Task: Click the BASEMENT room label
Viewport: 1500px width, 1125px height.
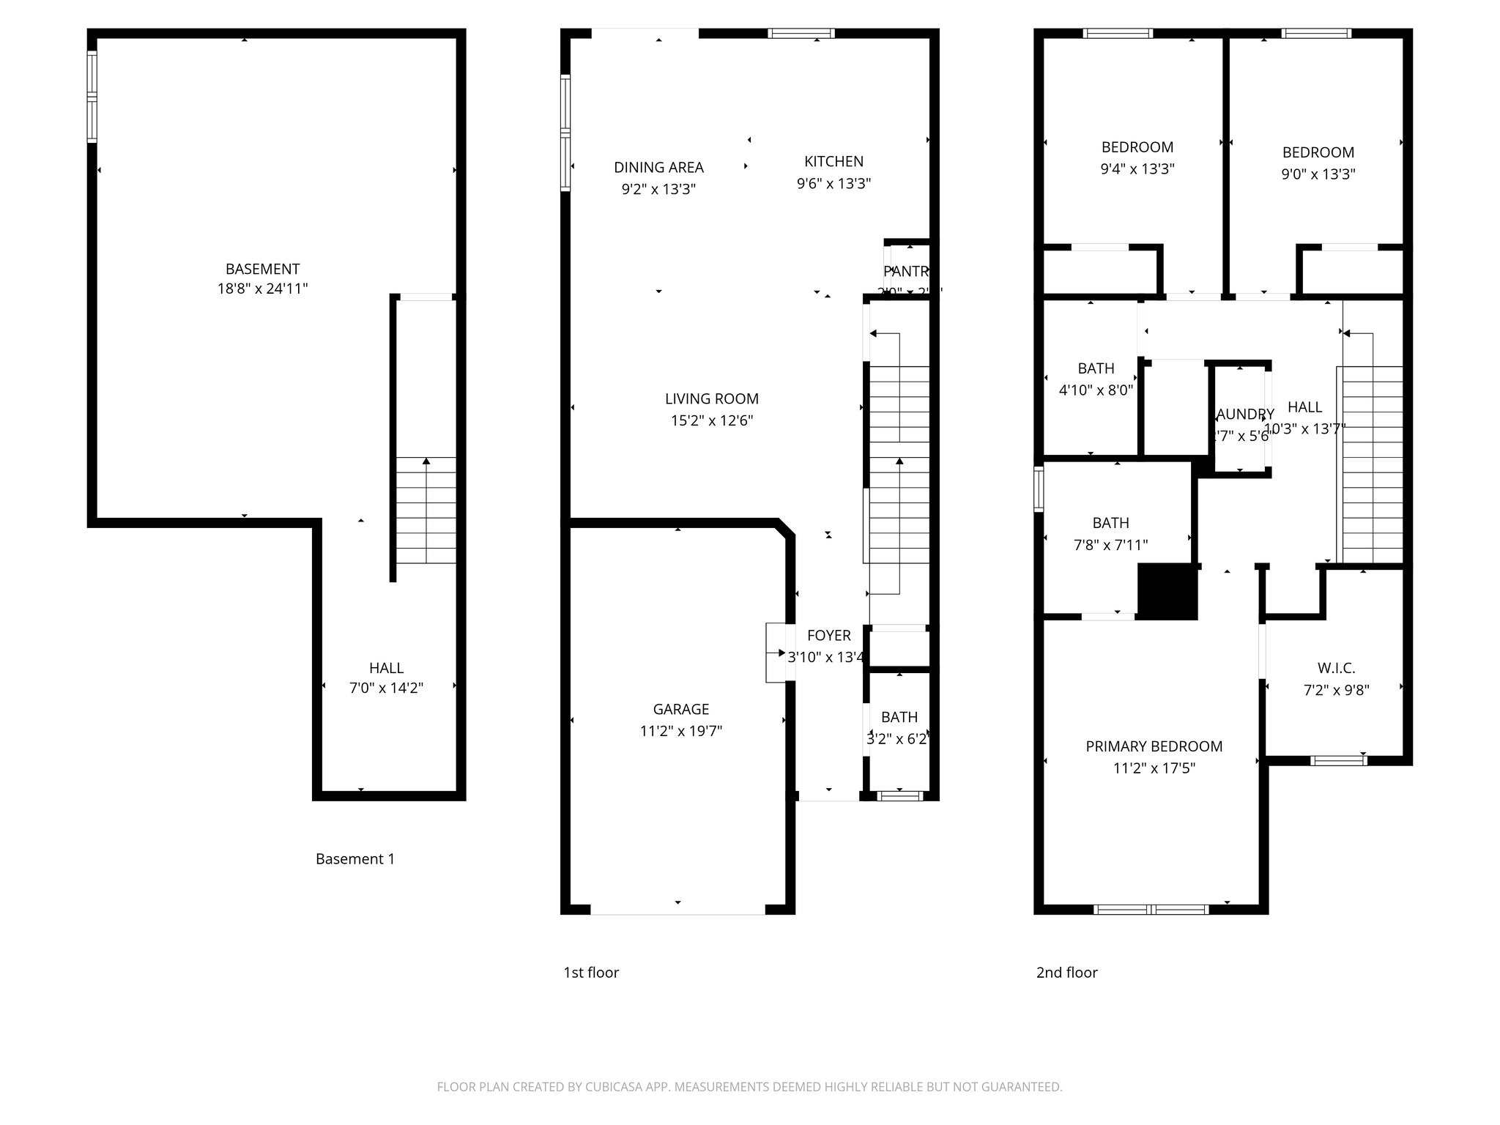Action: (262, 269)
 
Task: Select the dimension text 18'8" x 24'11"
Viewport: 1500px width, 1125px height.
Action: (262, 289)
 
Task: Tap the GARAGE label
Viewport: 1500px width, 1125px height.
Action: (680, 709)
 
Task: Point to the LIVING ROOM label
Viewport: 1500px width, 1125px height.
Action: (711, 398)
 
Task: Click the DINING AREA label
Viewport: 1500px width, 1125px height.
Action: (658, 167)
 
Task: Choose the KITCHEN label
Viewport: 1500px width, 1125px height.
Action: (833, 161)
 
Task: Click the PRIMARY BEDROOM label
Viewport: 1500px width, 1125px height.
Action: (1154, 746)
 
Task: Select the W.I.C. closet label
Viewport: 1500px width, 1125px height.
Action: (1336, 668)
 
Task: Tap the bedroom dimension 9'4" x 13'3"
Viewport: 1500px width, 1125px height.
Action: (1137, 168)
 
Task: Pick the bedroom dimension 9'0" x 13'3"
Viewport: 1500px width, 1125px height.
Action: (1318, 174)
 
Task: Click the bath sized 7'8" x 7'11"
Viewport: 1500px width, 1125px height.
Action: (1110, 523)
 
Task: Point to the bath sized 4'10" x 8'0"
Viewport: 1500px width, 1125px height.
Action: (1096, 368)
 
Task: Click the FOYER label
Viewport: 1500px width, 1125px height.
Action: (828, 636)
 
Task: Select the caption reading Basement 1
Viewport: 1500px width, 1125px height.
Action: (354, 858)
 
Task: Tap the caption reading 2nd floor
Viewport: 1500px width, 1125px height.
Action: (1066, 972)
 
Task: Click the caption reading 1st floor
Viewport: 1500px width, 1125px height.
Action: (590, 972)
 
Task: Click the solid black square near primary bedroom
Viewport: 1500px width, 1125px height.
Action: (1167, 592)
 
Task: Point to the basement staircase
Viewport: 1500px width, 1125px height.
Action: (426, 510)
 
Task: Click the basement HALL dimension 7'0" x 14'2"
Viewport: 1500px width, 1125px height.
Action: (386, 688)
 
